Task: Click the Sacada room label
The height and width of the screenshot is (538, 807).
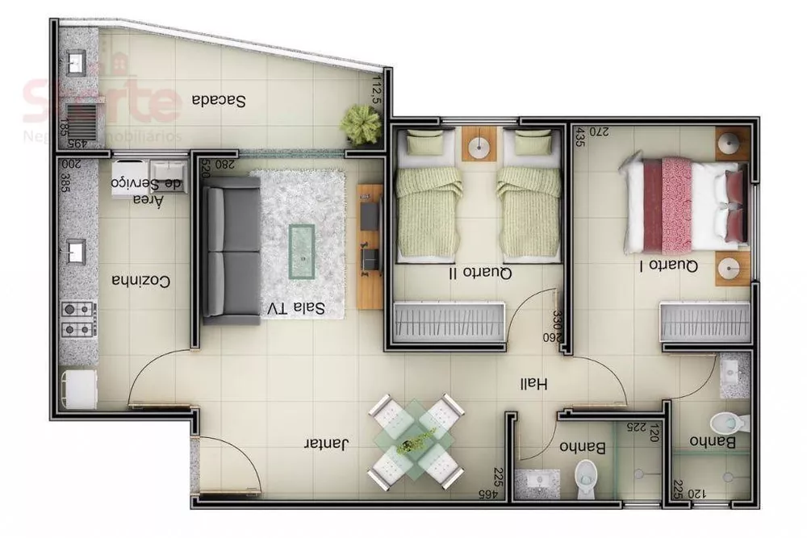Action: pyautogui.click(x=219, y=101)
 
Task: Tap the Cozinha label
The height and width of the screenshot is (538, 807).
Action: pyautogui.click(x=141, y=282)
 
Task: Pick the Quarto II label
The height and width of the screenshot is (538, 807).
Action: pyautogui.click(x=480, y=273)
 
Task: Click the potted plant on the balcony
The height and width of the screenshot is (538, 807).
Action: pyautogui.click(x=361, y=124)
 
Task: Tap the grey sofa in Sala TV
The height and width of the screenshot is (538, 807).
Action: pyautogui.click(x=230, y=249)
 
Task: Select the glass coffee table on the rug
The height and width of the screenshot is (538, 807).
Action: pyautogui.click(x=302, y=251)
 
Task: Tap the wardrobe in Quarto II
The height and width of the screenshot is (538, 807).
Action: pyautogui.click(x=449, y=323)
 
